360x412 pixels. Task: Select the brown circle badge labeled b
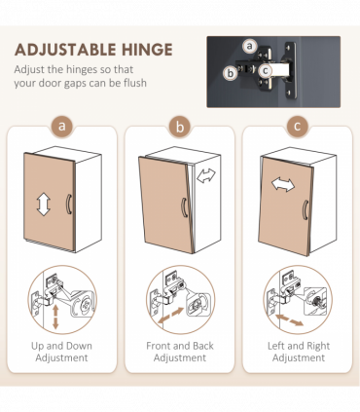(x=179, y=128)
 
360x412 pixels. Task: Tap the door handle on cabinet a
(x=69, y=205)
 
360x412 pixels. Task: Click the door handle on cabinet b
(x=185, y=209)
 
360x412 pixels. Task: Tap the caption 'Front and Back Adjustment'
(x=179, y=351)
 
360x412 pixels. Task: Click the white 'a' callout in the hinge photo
(x=250, y=46)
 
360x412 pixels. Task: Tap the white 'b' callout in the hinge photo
(x=231, y=72)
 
